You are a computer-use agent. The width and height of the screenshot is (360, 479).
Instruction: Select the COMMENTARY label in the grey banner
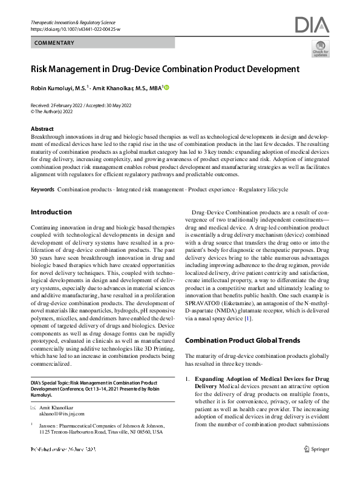(x=54, y=43)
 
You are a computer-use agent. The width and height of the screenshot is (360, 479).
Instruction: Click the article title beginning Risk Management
(x=166, y=69)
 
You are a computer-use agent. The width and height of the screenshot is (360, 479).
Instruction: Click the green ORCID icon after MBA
(x=166, y=88)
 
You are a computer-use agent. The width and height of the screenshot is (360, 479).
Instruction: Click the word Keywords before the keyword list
(x=42, y=190)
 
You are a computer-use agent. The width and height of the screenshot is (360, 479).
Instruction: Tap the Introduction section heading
(x=51, y=212)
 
